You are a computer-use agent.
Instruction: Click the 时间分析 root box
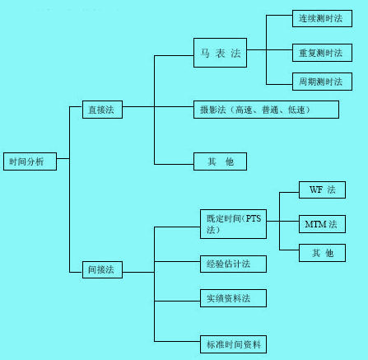(x=30, y=161)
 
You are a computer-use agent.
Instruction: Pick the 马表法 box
(x=220, y=54)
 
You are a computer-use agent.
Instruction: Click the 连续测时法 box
(x=322, y=18)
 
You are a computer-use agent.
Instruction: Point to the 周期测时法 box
(x=322, y=82)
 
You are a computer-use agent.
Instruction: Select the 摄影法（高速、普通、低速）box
(x=255, y=109)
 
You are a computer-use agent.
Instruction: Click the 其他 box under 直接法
(x=220, y=162)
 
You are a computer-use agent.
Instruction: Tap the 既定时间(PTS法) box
(x=234, y=224)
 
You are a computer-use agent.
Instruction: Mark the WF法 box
(x=322, y=190)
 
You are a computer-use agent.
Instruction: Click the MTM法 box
(x=322, y=223)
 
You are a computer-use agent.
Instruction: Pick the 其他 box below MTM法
(x=322, y=253)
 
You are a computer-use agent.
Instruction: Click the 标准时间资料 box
(x=234, y=344)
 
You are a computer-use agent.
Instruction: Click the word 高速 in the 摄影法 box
(x=243, y=109)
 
